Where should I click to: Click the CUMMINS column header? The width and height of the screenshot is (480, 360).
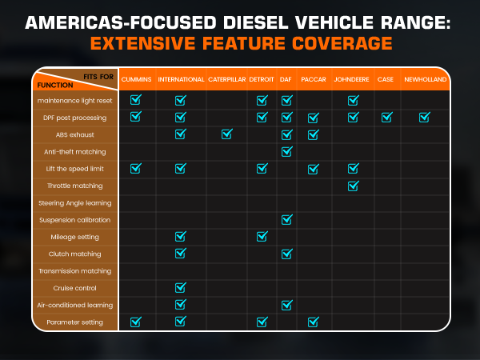(135, 81)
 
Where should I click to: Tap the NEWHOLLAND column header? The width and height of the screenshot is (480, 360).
(425, 81)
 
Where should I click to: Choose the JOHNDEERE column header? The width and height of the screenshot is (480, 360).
(353, 81)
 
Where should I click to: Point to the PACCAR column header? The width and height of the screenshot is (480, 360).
(313, 81)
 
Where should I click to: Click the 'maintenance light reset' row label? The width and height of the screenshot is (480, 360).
(74, 101)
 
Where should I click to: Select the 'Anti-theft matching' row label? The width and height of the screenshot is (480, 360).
(76, 151)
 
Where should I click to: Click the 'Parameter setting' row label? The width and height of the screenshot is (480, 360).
(74, 322)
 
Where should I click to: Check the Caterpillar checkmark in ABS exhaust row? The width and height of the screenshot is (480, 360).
(226, 134)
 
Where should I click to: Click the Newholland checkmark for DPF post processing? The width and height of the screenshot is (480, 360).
(425, 118)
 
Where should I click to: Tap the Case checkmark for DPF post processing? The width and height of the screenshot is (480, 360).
(386, 118)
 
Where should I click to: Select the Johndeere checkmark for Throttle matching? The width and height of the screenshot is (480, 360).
(353, 186)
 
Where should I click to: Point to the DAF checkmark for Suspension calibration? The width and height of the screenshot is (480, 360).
(287, 219)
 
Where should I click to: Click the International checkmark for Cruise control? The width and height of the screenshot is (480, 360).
(180, 287)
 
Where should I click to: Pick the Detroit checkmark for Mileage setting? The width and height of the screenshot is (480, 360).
(262, 236)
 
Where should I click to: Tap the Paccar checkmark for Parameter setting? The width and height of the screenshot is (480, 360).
(313, 322)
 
